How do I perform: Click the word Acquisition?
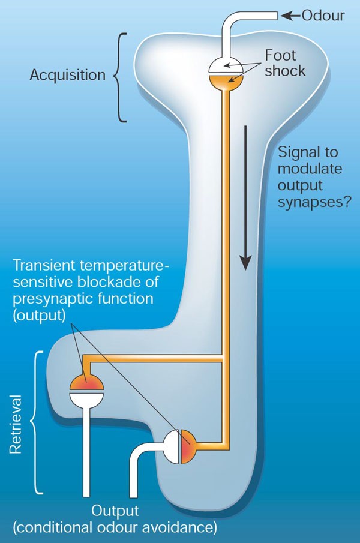tap(67, 76)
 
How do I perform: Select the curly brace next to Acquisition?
tap(121, 76)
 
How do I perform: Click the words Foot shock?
tap(285, 64)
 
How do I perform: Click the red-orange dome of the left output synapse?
tap(86, 383)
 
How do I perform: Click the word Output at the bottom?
tap(115, 511)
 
